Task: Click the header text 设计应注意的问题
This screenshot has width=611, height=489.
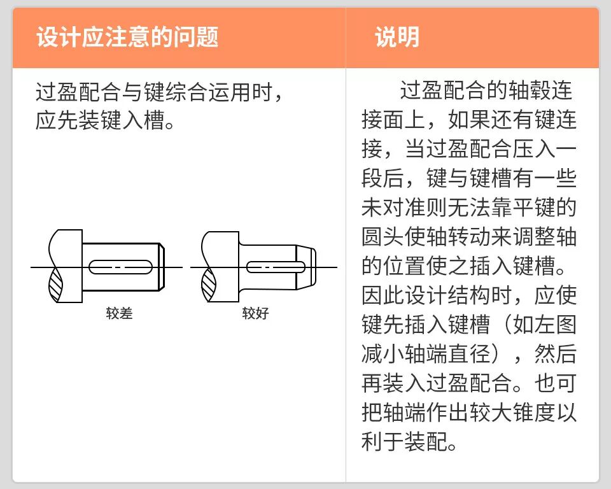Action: [127, 38]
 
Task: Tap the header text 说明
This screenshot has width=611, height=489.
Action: [397, 38]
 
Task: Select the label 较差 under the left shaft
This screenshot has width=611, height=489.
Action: [119, 313]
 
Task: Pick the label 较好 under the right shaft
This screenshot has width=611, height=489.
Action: [255, 313]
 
